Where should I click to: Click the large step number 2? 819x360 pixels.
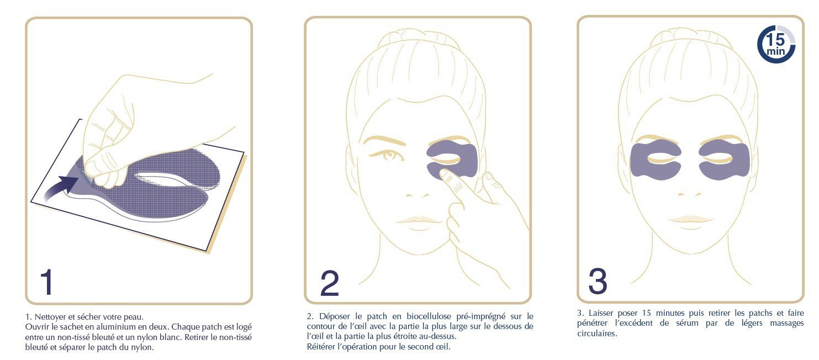pos(330,283)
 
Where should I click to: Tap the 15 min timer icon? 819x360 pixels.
pos(776,44)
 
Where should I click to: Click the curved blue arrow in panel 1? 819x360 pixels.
pos(59,188)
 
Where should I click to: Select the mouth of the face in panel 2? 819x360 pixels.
pos(419,220)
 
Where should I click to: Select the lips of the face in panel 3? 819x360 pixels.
pos(690,220)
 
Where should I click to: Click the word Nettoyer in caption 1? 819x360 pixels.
pos(50,317)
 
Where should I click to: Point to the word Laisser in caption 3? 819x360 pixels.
pos(601,313)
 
